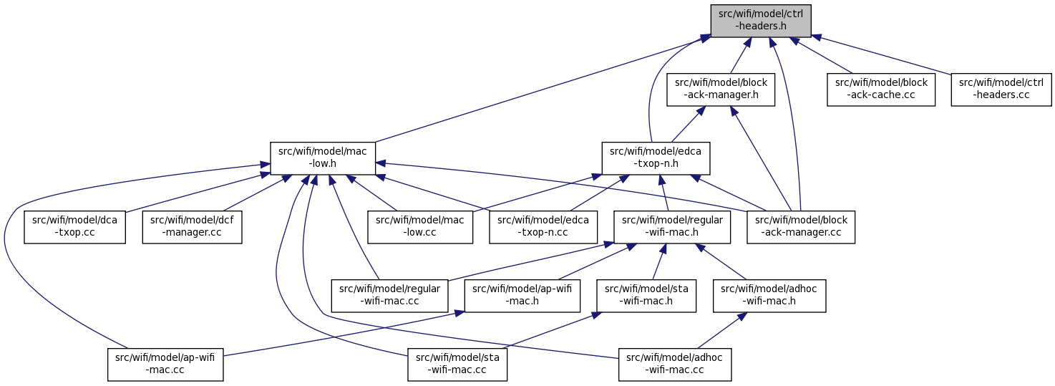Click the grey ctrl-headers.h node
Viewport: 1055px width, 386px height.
[761, 21]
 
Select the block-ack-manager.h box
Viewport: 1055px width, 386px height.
[721, 90]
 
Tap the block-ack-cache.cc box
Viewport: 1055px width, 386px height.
[881, 90]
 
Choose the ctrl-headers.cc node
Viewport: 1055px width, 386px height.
[1001, 90]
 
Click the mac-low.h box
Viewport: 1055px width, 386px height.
[323, 158]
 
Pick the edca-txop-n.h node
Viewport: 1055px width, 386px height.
[656, 158]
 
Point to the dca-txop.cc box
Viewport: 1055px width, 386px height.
[75, 227]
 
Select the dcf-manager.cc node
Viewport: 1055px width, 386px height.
[192, 227]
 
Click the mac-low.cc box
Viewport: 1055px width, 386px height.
[420, 227]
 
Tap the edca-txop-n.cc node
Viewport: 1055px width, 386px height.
[543, 227]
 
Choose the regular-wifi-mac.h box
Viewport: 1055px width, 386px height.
[672, 227]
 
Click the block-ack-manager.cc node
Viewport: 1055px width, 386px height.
[801, 227]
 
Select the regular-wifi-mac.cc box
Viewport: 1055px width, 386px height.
[389, 296]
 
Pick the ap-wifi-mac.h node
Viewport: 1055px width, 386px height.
[522, 296]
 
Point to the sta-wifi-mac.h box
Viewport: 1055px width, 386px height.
[646, 296]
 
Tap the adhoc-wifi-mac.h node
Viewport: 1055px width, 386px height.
[769, 296]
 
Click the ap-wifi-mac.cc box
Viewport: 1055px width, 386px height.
[165, 365]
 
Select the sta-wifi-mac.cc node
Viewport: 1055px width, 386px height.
[457, 365]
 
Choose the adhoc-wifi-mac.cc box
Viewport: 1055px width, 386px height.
[675, 365]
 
